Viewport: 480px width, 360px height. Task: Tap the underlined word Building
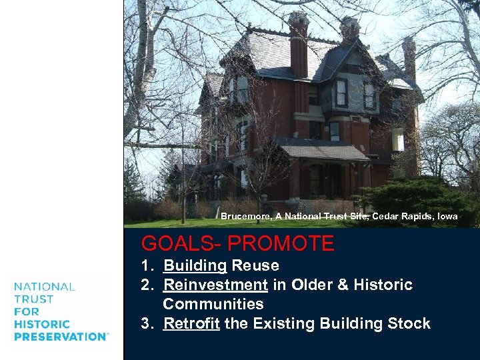(195, 265)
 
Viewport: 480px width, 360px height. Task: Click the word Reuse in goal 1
(255, 265)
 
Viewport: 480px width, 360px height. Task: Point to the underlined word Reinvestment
(215, 285)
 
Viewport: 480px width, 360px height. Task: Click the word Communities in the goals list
(213, 304)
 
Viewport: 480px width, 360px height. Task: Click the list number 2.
(145, 285)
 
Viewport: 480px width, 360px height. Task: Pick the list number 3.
(145, 324)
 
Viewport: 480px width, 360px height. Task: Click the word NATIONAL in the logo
(44, 287)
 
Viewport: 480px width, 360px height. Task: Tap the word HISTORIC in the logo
(41, 324)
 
